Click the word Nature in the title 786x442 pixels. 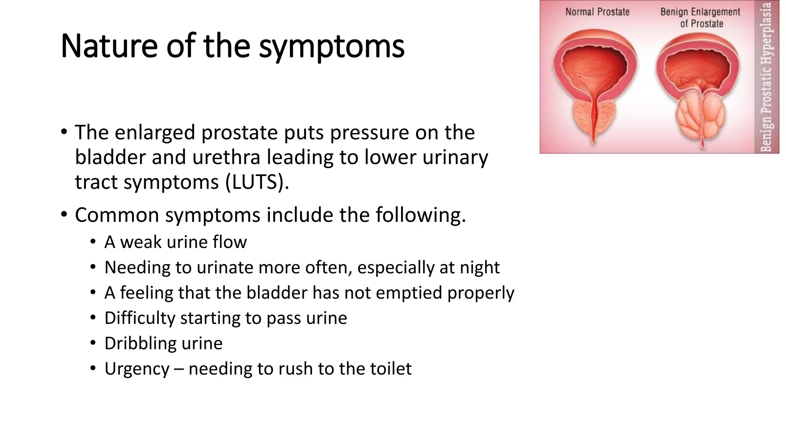click(109, 46)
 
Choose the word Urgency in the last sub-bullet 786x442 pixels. click(137, 369)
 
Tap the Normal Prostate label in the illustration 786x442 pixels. click(597, 12)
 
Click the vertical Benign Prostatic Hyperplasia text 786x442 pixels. click(766, 77)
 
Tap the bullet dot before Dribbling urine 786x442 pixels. click(93, 343)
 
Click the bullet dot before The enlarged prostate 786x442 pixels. click(64, 132)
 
